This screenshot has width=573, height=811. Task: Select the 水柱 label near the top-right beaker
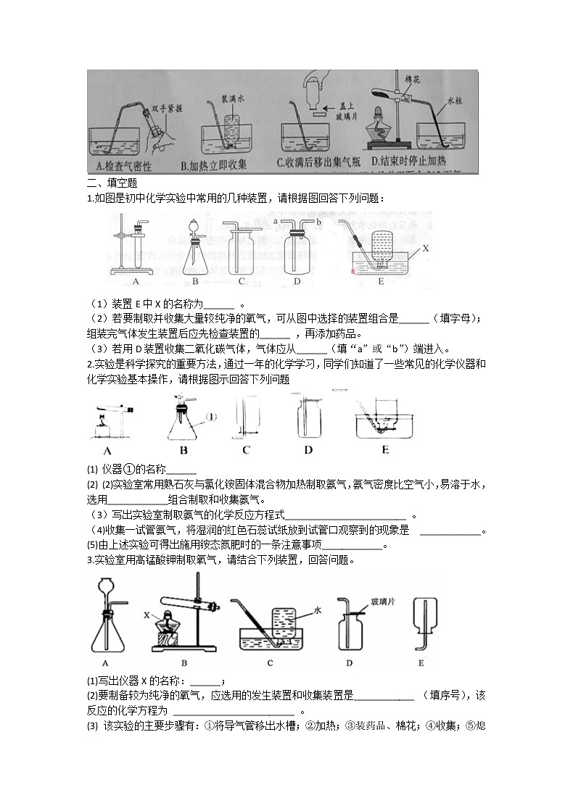pos(455,102)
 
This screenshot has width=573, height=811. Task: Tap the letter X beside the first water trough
pos(426,248)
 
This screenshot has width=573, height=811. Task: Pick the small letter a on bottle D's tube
pos(276,218)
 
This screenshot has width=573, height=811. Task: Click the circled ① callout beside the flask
pos(211,416)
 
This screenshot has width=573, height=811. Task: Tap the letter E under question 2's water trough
pos(384,450)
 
